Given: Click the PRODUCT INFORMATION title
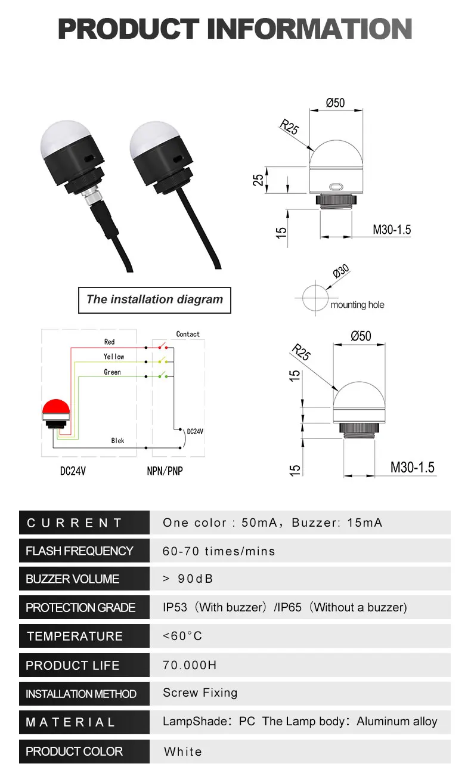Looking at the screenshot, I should point(235,29).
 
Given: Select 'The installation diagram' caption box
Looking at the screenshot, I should point(154,299).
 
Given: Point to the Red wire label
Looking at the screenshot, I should point(109,342).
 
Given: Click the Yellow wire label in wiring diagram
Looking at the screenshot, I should point(113,357).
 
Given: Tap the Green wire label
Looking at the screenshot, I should point(112,372).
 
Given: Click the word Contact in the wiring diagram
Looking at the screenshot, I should point(188,334).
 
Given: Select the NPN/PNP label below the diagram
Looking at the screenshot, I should point(165,471).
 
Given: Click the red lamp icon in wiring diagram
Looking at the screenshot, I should point(57,409).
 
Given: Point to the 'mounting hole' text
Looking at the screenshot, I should point(357,305).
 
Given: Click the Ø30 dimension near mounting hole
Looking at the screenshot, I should point(340,271).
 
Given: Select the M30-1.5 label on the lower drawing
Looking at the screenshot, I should point(413,467).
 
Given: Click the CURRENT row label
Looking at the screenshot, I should point(75,523).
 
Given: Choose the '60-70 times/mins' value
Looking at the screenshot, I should point(219,551).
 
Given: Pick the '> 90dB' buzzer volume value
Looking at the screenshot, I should point(188,579).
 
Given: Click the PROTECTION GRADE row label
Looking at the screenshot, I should point(80,608).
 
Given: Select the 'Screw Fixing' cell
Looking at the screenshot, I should point(200,693).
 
